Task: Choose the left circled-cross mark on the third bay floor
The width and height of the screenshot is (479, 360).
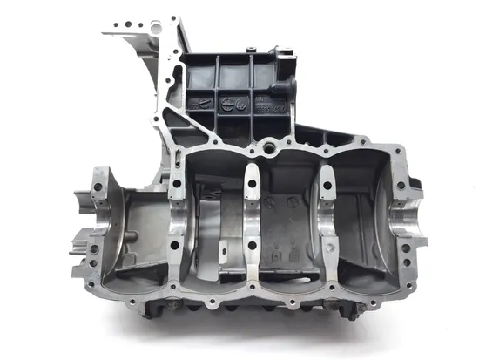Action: [x=270, y=201]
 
